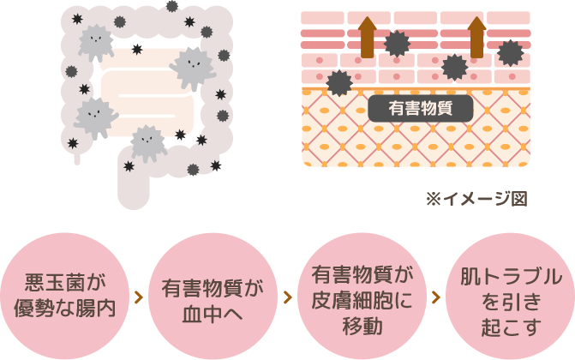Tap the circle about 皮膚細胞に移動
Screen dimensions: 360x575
click(x=357, y=297)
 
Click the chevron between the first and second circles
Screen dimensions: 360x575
click(x=138, y=297)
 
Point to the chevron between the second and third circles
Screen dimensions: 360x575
click(x=285, y=297)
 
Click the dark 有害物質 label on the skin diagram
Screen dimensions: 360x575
click(x=421, y=109)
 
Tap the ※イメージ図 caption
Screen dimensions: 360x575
click(x=476, y=198)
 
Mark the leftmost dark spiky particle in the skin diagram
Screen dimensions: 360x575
click(x=339, y=82)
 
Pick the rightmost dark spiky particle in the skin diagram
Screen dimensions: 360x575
click(x=511, y=52)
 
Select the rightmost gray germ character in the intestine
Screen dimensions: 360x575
click(x=195, y=67)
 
